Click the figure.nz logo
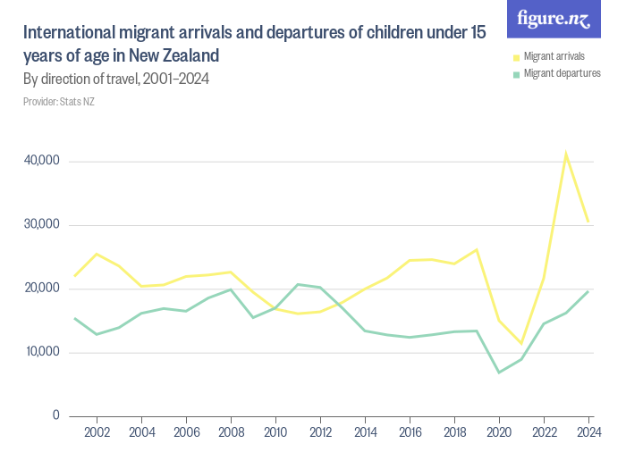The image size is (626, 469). coord(554,19)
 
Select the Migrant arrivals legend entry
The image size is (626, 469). coord(554,56)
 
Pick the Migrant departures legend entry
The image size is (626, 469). coord(562,73)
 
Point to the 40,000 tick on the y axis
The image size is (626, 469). coord(41,161)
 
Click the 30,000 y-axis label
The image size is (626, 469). coord(41,224)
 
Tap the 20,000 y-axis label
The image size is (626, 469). coord(41,289)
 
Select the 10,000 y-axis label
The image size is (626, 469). coord(41,352)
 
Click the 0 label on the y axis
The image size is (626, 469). coord(55,415)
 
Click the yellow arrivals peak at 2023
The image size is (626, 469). coord(566,153)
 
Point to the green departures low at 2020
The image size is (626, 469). coord(499,372)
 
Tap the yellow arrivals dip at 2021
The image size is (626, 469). coord(521,343)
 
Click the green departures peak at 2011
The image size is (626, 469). coord(298,284)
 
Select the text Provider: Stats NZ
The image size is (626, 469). coord(58,102)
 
